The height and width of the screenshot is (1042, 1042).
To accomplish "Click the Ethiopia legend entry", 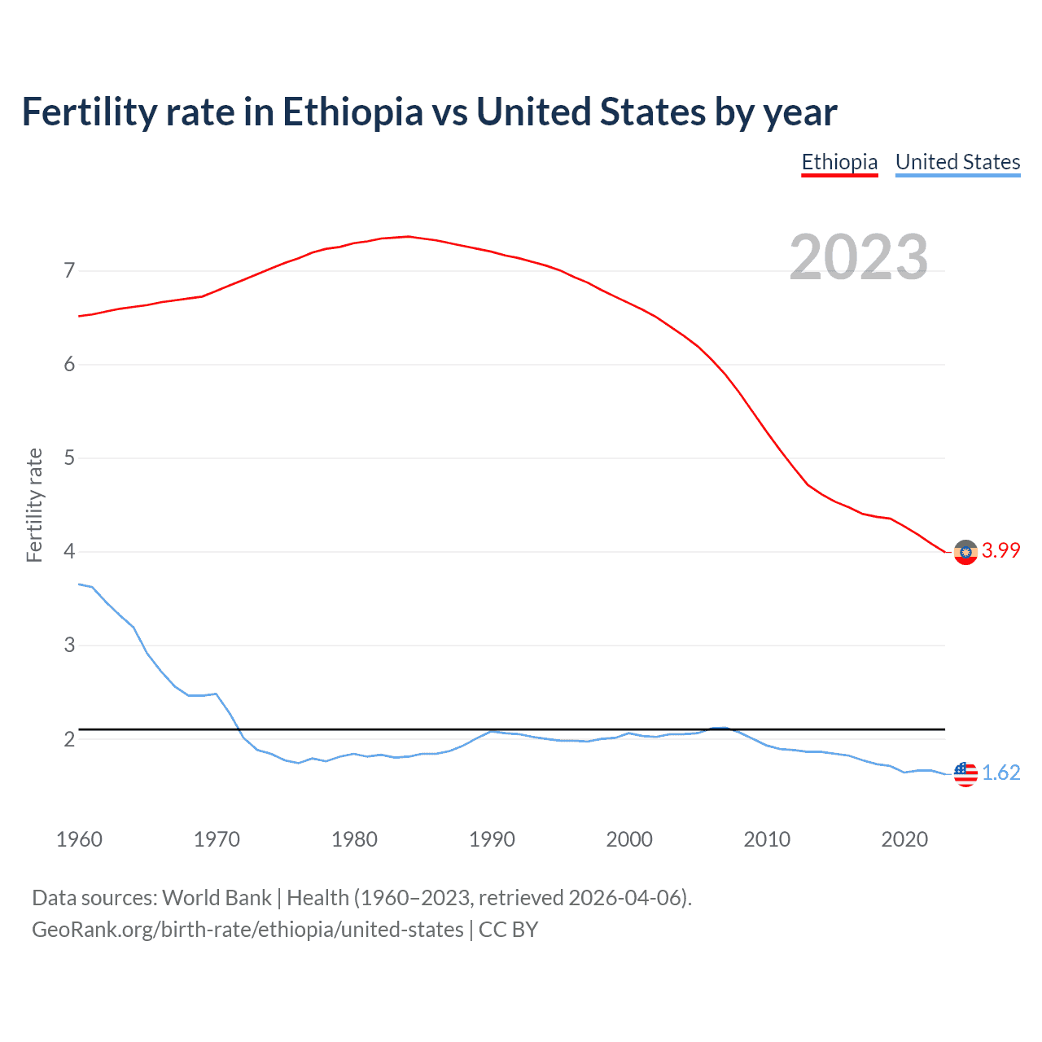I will (839, 162).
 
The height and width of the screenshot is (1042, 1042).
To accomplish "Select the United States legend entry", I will (957, 162).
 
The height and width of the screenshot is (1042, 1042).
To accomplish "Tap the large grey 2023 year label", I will (858, 257).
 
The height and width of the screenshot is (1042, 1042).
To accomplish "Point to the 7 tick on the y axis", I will (69, 270).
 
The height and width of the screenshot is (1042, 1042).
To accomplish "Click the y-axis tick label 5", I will (69, 458).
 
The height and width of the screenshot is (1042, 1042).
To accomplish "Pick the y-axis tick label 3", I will (69, 646).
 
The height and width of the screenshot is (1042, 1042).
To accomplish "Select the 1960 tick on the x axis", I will (79, 839).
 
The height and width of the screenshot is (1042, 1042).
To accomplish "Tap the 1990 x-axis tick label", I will (492, 839).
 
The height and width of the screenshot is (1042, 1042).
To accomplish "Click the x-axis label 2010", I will (767, 839).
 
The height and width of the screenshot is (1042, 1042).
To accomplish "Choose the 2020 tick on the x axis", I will (904, 839).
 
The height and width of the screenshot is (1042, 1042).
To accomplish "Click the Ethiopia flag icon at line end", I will (965, 552).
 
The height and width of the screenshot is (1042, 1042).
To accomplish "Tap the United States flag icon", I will (965, 774).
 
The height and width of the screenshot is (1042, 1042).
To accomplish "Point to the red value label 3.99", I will (1000, 551).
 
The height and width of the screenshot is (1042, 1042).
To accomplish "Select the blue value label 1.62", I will (1000, 773).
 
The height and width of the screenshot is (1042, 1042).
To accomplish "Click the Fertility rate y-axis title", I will (34, 505).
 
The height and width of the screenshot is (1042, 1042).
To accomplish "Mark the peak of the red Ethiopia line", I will (409, 237).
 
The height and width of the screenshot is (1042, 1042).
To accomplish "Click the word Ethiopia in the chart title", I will (352, 112).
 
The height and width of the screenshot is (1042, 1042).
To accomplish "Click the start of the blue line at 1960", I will (80, 584).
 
